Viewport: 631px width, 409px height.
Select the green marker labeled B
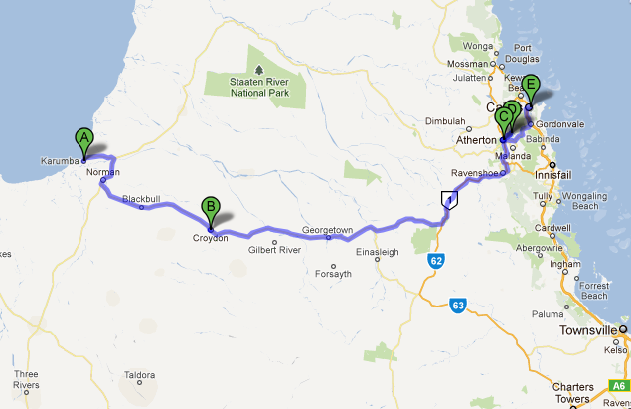pyautogui.click(x=211, y=210)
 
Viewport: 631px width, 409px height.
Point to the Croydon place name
pyautogui.click(x=211, y=238)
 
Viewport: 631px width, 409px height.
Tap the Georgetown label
pyautogui.click(x=328, y=230)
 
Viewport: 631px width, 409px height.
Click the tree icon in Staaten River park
pyautogui.click(x=259, y=71)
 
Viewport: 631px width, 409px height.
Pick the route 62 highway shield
pyautogui.click(x=437, y=261)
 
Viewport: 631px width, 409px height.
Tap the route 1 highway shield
pyautogui.click(x=451, y=200)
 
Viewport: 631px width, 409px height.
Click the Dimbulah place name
pyautogui.click(x=445, y=122)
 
